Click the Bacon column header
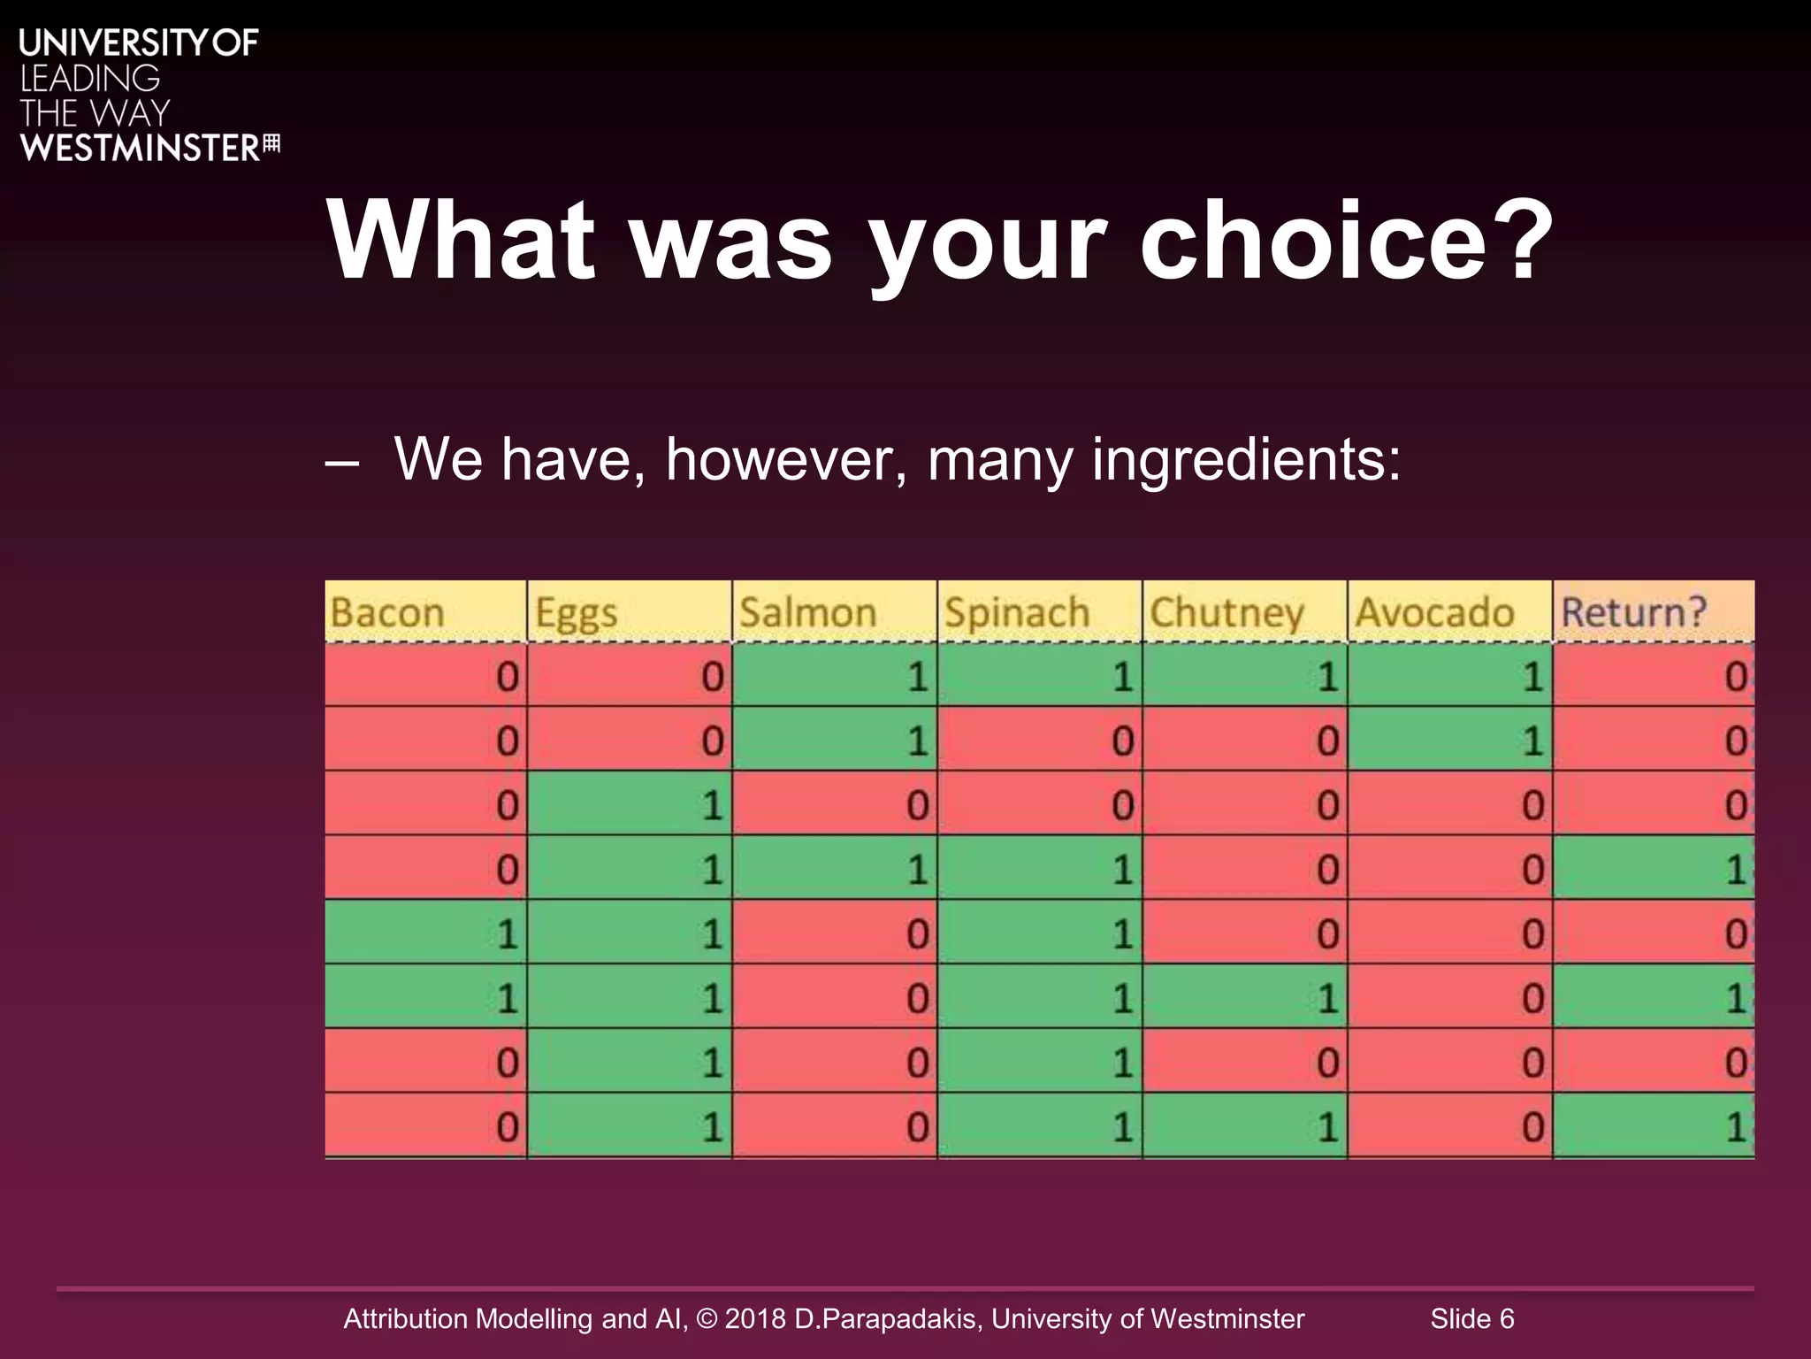click(x=387, y=612)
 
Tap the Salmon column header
click(x=808, y=612)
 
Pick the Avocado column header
click(x=1434, y=612)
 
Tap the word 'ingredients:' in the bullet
click(x=1247, y=460)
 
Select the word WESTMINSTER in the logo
click(x=141, y=148)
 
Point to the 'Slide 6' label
click(x=1472, y=1318)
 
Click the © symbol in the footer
click(x=707, y=1318)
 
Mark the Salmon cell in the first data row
click(x=834, y=676)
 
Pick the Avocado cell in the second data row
click(x=1449, y=740)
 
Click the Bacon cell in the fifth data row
click(x=426, y=933)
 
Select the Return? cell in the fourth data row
click(x=1653, y=870)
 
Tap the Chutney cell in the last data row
click(x=1244, y=1126)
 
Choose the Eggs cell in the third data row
click(x=630, y=804)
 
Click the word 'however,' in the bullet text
click(x=785, y=460)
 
